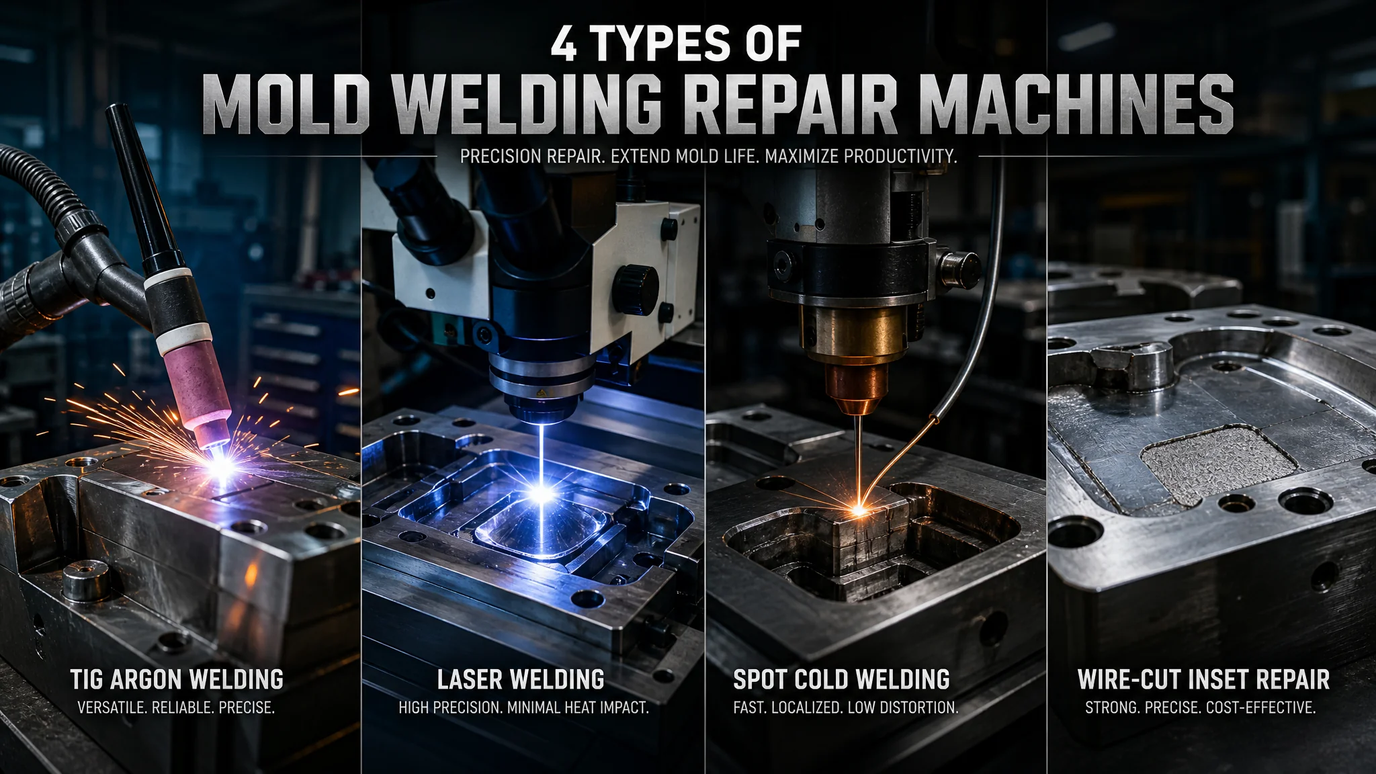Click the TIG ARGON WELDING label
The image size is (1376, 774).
pyautogui.click(x=177, y=679)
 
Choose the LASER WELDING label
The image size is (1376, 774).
pyautogui.click(x=521, y=679)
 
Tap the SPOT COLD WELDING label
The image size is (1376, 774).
pyautogui.click(x=841, y=679)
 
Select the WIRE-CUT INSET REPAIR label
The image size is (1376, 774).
pyautogui.click(x=1203, y=679)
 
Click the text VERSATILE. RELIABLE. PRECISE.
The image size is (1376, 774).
pyautogui.click(x=176, y=707)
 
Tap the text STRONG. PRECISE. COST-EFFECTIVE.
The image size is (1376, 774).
pyautogui.click(x=1201, y=707)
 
